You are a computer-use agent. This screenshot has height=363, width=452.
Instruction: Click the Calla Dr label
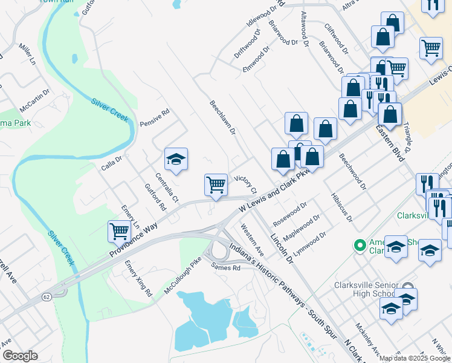tap(111, 162)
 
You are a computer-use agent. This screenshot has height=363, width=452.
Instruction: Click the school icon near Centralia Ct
tap(176, 159)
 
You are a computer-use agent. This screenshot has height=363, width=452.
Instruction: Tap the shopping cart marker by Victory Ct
tap(216, 185)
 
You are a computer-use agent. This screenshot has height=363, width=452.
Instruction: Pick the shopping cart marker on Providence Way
tap(119, 231)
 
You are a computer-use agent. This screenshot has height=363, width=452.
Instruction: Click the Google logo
tap(21, 356)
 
